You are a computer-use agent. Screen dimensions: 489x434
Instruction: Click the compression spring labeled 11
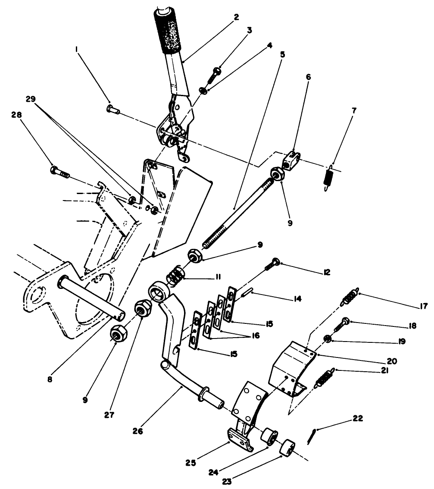click(175, 276)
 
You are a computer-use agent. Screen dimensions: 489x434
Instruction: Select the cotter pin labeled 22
click(312, 436)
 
